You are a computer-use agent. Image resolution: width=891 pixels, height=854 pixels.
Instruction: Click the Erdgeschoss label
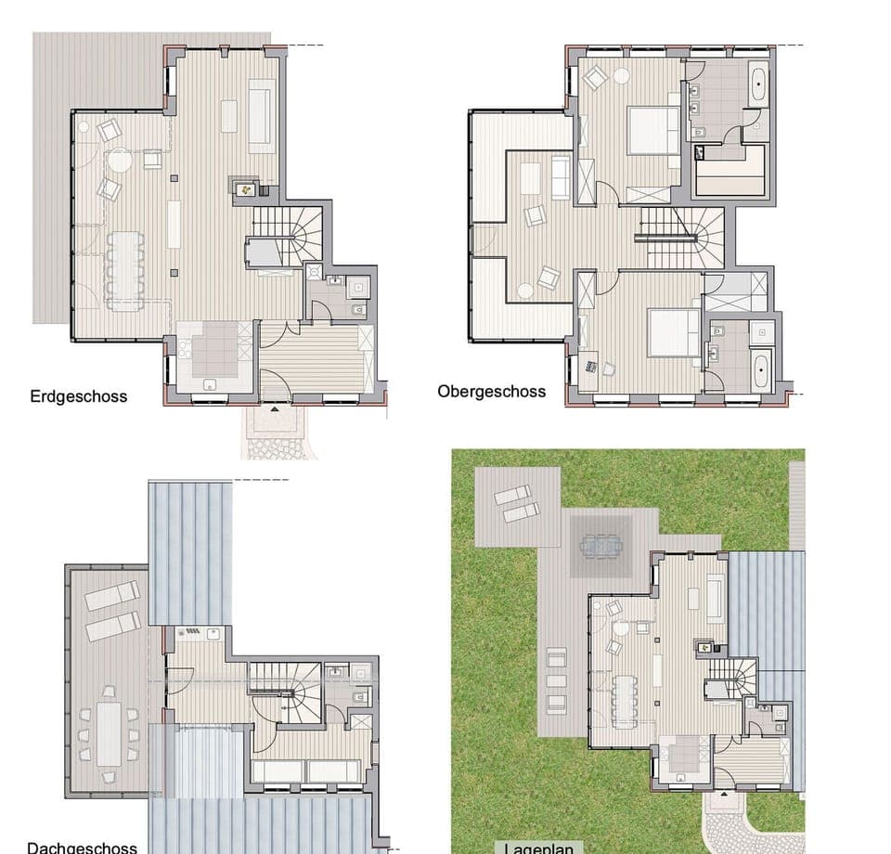(78, 396)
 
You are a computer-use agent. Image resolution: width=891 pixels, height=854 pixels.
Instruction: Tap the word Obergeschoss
(491, 391)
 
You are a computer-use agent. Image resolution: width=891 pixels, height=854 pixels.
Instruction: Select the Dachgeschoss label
(82, 847)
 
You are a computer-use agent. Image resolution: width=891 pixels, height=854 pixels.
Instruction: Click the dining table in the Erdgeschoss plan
(125, 268)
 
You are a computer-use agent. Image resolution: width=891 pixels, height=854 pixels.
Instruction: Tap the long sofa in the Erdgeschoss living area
(261, 115)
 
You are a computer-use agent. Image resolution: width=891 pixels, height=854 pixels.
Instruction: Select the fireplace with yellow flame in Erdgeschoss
(246, 188)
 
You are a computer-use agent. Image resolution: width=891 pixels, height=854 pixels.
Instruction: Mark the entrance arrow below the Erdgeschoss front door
(275, 407)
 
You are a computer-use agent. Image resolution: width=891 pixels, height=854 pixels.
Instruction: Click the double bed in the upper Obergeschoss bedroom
(653, 131)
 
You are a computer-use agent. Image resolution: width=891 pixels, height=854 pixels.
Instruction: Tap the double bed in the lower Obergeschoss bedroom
(673, 333)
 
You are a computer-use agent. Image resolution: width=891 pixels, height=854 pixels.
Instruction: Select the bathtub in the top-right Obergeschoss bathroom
(757, 84)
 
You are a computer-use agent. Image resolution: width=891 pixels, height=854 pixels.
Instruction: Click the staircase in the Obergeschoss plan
(681, 237)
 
